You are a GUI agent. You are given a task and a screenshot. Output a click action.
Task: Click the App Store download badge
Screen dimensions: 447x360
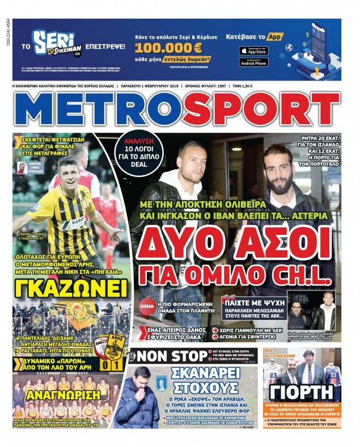coord(253,52)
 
